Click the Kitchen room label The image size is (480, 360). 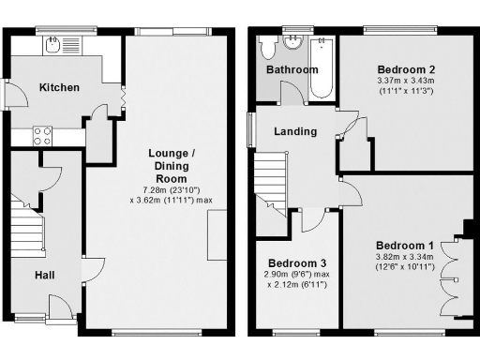pos(58,87)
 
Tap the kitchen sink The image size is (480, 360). pos(56,43)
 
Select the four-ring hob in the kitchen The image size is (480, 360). pos(43,135)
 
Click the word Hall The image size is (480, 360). pos(44,275)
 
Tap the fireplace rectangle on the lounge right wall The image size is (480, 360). pos(216,235)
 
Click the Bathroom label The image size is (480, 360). pos(292,70)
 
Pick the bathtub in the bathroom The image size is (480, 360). pos(321,68)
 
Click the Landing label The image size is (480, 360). pos(294,131)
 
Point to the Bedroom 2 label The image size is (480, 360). pos(406,69)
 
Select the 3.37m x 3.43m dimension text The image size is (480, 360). pos(406,82)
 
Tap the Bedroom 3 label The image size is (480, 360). pos(297,262)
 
